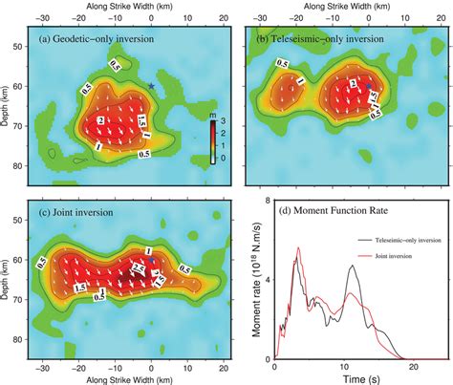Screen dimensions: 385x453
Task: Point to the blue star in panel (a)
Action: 152,87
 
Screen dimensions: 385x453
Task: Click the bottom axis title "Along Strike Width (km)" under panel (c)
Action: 119,378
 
